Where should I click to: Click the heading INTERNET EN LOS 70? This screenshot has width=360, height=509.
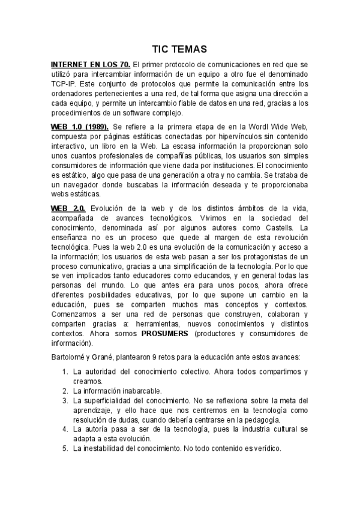pos(91,64)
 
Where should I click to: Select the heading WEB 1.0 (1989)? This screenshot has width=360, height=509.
pos(80,127)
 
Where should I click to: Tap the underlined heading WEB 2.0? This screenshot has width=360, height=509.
pos(68,208)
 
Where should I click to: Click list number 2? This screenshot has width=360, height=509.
pos(65,391)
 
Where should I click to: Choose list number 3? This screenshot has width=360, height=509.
pos(65,400)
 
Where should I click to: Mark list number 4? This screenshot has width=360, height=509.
pos(65,429)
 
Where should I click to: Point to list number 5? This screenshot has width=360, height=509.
pos(65,448)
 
